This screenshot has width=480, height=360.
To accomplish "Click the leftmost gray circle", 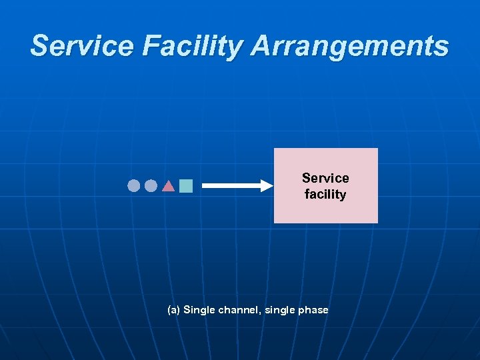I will (x=134, y=185).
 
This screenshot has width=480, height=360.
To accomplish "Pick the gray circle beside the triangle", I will (x=151, y=185).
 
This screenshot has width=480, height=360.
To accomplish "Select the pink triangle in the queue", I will (x=169, y=186).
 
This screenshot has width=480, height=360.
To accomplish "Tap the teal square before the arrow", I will (x=186, y=186).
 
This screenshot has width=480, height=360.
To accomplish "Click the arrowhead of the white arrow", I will (x=268, y=186).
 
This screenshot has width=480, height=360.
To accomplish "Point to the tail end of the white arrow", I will (x=203, y=186).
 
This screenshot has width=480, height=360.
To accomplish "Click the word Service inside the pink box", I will (x=325, y=178).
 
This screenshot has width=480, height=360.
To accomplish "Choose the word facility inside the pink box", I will (x=325, y=195).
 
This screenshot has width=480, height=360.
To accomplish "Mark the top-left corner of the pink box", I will (x=275, y=149).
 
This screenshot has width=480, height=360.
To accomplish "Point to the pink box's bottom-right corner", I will (x=377, y=221).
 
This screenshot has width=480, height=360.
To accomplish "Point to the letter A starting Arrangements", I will (x=262, y=46).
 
